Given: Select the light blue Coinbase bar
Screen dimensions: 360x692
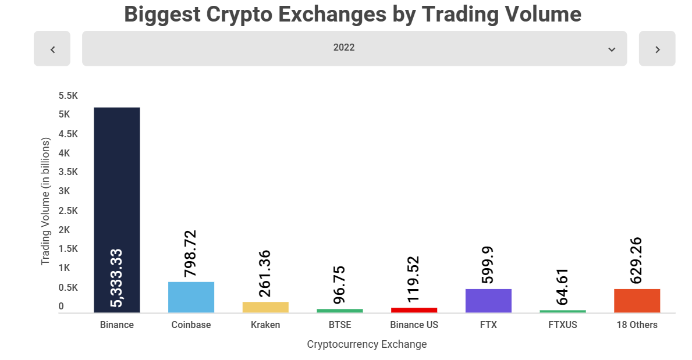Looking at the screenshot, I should [x=191, y=297].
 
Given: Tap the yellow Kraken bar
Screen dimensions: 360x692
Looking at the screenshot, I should [x=265, y=307].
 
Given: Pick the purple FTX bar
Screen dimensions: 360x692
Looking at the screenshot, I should [x=488, y=301].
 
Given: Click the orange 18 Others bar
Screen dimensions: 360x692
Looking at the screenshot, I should [x=637, y=301].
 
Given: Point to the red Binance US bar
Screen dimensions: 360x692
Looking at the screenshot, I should [x=414, y=310].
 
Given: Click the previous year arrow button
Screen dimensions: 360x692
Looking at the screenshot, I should [x=52, y=49].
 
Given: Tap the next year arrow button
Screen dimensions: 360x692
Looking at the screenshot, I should [x=657, y=49].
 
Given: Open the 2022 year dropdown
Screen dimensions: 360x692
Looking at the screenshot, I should [x=354, y=48].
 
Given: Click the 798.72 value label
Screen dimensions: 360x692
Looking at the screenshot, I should [x=191, y=254].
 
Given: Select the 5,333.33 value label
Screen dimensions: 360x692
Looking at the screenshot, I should [x=117, y=277].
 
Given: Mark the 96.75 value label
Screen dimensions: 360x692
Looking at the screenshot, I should [x=340, y=284].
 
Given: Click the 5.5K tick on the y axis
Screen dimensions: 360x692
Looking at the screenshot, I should [x=68, y=95].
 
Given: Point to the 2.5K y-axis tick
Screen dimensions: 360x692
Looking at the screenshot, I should [x=68, y=211].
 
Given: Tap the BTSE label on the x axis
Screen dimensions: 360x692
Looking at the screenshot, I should [x=340, y=325].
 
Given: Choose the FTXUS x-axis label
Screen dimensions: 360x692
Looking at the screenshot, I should [x=563, y=325].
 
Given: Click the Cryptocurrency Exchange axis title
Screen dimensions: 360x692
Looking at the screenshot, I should [x=367, y=344].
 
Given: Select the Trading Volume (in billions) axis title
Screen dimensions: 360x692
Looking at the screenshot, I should [x=46, y=201].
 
